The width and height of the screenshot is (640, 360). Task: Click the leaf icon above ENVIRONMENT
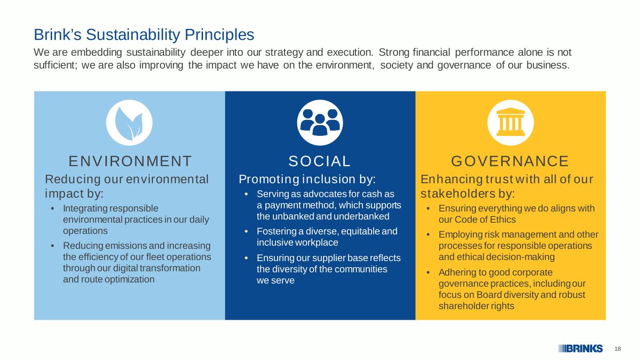129,123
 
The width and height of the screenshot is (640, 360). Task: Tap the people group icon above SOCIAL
320,122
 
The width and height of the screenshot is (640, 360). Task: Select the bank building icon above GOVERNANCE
511,122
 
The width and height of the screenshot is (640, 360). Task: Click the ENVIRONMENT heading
130,161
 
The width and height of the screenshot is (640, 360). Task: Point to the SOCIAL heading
319,161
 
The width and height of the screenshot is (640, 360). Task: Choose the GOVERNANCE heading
510,161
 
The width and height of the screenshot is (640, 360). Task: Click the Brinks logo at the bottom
581,349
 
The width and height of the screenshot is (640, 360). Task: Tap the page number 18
617,349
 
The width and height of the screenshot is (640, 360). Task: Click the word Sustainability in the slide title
133,35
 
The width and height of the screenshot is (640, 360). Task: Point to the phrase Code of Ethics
485,219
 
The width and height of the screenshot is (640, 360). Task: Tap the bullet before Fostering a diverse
246,232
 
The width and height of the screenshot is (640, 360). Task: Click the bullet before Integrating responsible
53,209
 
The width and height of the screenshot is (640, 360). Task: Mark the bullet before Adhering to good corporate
428,272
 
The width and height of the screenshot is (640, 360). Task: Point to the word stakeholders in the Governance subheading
458,194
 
